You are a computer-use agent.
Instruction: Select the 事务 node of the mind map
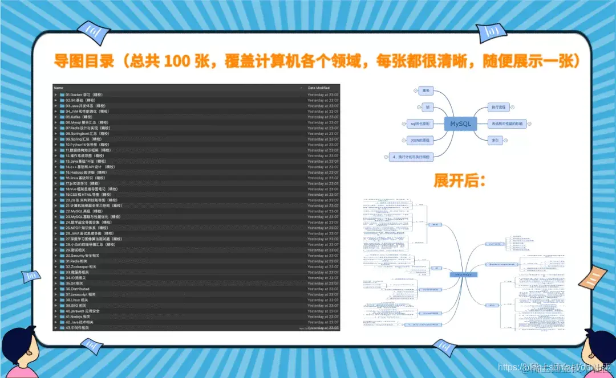[x=425, y=91]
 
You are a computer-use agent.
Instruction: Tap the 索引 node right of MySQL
[x=496, y=139]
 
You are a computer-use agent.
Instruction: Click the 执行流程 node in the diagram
[x=500, y=107]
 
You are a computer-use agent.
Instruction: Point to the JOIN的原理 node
[x=420, y=139]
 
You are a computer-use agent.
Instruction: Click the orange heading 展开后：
[x=459, y=181]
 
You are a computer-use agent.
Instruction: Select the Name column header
[x=58, y=88]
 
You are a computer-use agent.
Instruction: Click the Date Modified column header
[x=319, y=88]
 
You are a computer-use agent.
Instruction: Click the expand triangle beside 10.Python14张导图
[x=56, y=145]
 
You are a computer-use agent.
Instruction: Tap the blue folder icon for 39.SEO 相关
[x=62, y=305]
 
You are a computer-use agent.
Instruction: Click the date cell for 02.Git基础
[x=323, y=100]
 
